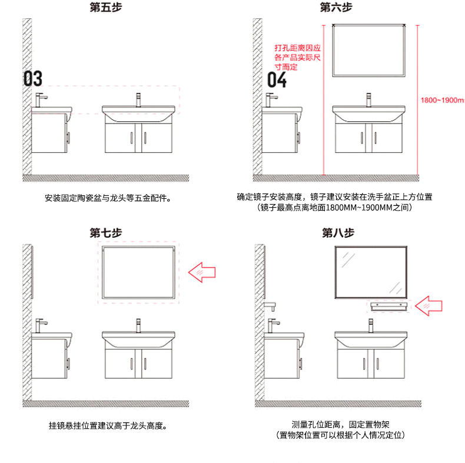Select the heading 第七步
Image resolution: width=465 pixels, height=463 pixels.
click(x=105, y=232)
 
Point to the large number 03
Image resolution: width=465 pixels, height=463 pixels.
click(x=33, y=78)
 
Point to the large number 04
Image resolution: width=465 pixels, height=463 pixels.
click(x=277, y=79)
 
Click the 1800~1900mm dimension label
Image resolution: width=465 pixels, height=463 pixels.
click(x=442, y=101)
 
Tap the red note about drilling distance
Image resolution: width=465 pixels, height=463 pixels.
click(x=297, y=58)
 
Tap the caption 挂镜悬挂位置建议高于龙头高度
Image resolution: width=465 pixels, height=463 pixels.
click(x=107, y=425)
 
